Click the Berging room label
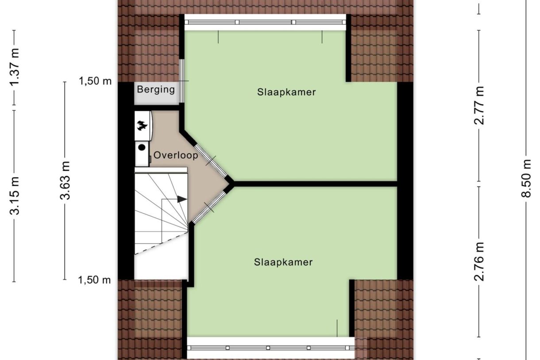coord(156,90)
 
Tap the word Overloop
coord(176,155)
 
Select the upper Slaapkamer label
coord(286,92)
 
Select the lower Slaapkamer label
coord(283,262)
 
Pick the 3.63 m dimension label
coord(65,180)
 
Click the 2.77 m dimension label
coord(479,105)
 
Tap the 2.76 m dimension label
coord(479,262)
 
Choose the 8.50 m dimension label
coord(526,178)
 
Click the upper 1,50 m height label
coord(96,81)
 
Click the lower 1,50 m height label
coord(95,280)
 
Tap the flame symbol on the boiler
coord(142,126)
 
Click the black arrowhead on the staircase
coord(182,199)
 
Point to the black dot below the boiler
coord(142,147)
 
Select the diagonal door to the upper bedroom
coord(211,160)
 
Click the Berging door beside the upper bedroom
coord(182,81)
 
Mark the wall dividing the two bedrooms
coord(315,184)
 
